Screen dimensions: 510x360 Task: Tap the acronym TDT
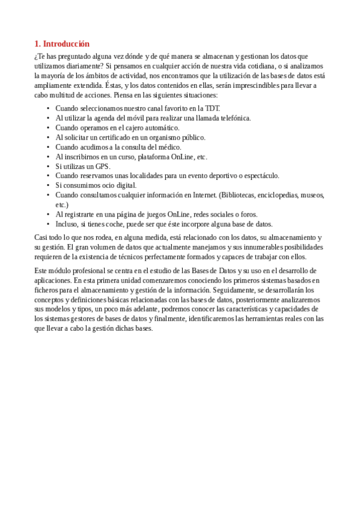click(x=213, y=108)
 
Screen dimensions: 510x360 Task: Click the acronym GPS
click(x=103, y=166)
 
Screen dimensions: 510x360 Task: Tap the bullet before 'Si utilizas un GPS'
click(x=48, y=166)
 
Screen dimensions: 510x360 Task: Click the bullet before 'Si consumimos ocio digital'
click(x=48, y=185)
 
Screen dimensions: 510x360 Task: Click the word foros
click(x=249, y=214)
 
